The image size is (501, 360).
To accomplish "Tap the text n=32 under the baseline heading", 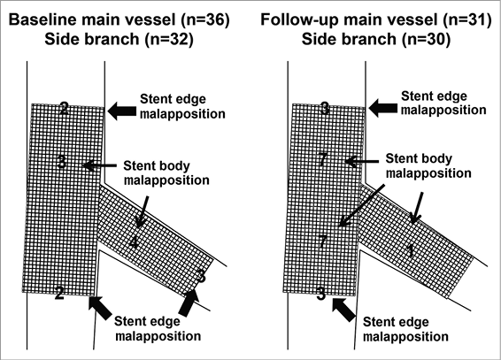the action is (169, 39).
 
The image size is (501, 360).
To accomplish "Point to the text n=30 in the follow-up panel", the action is (427, 39).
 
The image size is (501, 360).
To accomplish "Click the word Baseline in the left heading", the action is (42, 19).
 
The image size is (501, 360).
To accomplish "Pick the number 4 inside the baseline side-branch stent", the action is (135, 243).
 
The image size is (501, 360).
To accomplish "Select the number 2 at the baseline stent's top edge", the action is (65, 109).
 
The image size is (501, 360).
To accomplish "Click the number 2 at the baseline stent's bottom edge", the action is (59, 293).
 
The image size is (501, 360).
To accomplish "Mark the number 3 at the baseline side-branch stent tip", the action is (201, 276).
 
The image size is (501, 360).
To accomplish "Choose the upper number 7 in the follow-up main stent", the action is (324, 159).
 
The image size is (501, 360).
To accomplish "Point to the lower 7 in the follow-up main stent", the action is (323, 241).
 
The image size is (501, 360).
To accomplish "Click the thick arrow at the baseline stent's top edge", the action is (122, 111).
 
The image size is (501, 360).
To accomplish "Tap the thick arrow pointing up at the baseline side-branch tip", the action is (189, 303).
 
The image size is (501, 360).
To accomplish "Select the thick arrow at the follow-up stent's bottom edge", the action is (343, 309).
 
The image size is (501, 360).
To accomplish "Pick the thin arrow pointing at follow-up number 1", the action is (418, 208).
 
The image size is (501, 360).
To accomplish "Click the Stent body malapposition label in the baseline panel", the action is (166, 173).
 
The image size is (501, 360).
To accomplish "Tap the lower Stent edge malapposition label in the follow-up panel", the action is (405, 329).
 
